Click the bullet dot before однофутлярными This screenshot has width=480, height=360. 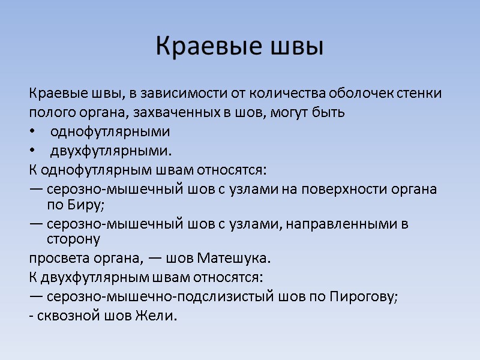click(32, 132)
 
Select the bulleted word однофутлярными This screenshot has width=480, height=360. click(110, 131)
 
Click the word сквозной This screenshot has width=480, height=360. click(64, 316)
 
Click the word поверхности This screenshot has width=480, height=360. click(323, 189)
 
